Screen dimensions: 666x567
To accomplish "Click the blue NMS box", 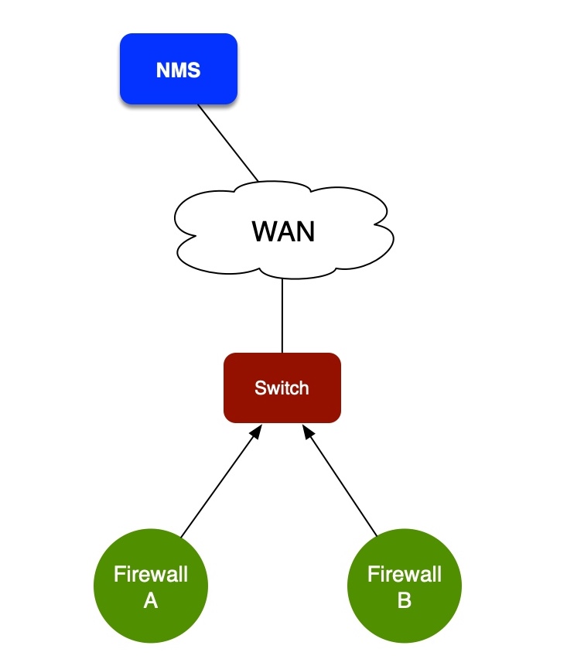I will (178, 69).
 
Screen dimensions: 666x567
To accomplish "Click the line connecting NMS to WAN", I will (228, 143).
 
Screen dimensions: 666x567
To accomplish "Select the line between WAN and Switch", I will (282, 316).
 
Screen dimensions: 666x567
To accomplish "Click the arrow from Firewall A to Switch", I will (217, 486).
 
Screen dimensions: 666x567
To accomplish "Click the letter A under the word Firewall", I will (151, 600).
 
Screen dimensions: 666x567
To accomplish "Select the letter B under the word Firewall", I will (405, 600).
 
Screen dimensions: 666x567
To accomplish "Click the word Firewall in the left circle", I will (151, 575).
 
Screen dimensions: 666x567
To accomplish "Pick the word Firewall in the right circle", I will (405, 575).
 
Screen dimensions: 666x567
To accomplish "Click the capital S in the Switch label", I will (259, 388).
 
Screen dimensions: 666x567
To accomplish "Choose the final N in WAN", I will (305, 231).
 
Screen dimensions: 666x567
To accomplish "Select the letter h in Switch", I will (304, 388).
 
